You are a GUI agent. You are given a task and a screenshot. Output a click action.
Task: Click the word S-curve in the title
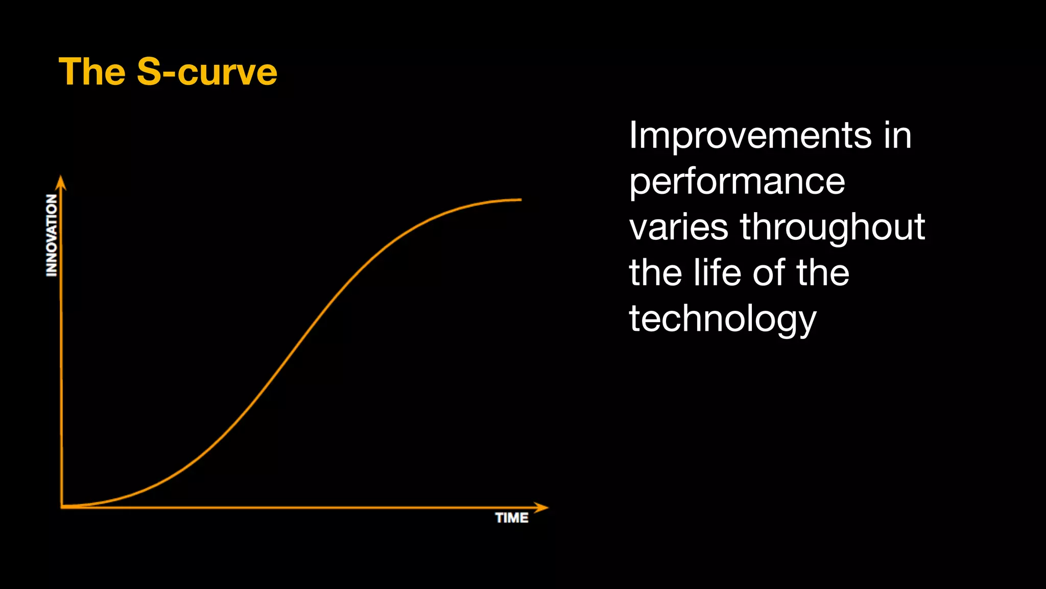tap(207, 72)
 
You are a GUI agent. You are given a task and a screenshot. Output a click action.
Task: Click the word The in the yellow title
tap(92, 72)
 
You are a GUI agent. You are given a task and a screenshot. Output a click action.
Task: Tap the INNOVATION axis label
tap(52, 235)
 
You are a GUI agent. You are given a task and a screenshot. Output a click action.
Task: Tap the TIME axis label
tap(512, 518)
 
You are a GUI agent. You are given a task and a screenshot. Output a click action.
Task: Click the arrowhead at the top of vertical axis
tap(61, 182)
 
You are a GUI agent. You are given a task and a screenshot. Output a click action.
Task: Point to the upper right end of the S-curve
tap(520, 199)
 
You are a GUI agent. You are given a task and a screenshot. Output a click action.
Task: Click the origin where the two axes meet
tap(62, 507)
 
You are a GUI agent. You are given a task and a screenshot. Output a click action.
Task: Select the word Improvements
tap(750, 135)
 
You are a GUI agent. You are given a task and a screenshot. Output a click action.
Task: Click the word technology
tap(722, 319)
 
